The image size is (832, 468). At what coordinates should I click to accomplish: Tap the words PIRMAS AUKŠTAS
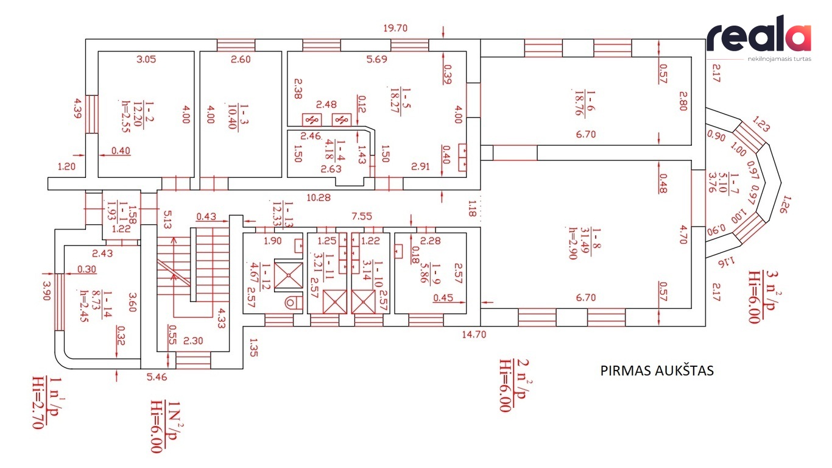pyautogui.click(x=657, y=370)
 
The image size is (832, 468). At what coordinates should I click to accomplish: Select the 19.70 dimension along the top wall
pyautogui.click(x=395, y=28)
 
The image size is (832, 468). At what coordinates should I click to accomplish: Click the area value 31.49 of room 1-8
pyautogui.click(x=585, y=241)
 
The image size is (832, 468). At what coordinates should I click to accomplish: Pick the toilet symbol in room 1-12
pyautogui.click(x=294, y=302)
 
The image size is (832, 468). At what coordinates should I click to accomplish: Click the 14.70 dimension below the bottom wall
pyautogui.click(x=474, y=334)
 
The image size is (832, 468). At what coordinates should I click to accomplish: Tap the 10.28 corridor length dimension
pyautogui.click(x=319, y=197)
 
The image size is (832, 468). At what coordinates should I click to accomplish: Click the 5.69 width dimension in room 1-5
pyautogui.click(x=376, y=59)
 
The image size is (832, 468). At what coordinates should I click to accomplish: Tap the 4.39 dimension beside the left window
pyautogui.click(x=78, y=108)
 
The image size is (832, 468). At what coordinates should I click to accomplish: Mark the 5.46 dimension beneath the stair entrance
pyautogui.click(x=157, y=377)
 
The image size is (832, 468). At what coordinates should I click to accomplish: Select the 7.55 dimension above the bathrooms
pyautogui.click(x=361, y=216)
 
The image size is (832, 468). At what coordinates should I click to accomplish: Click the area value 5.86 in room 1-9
pyautogui.click(x=424, y=273)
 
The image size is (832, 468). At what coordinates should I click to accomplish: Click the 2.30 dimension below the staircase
pyautogui.click(x=193, y=341)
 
